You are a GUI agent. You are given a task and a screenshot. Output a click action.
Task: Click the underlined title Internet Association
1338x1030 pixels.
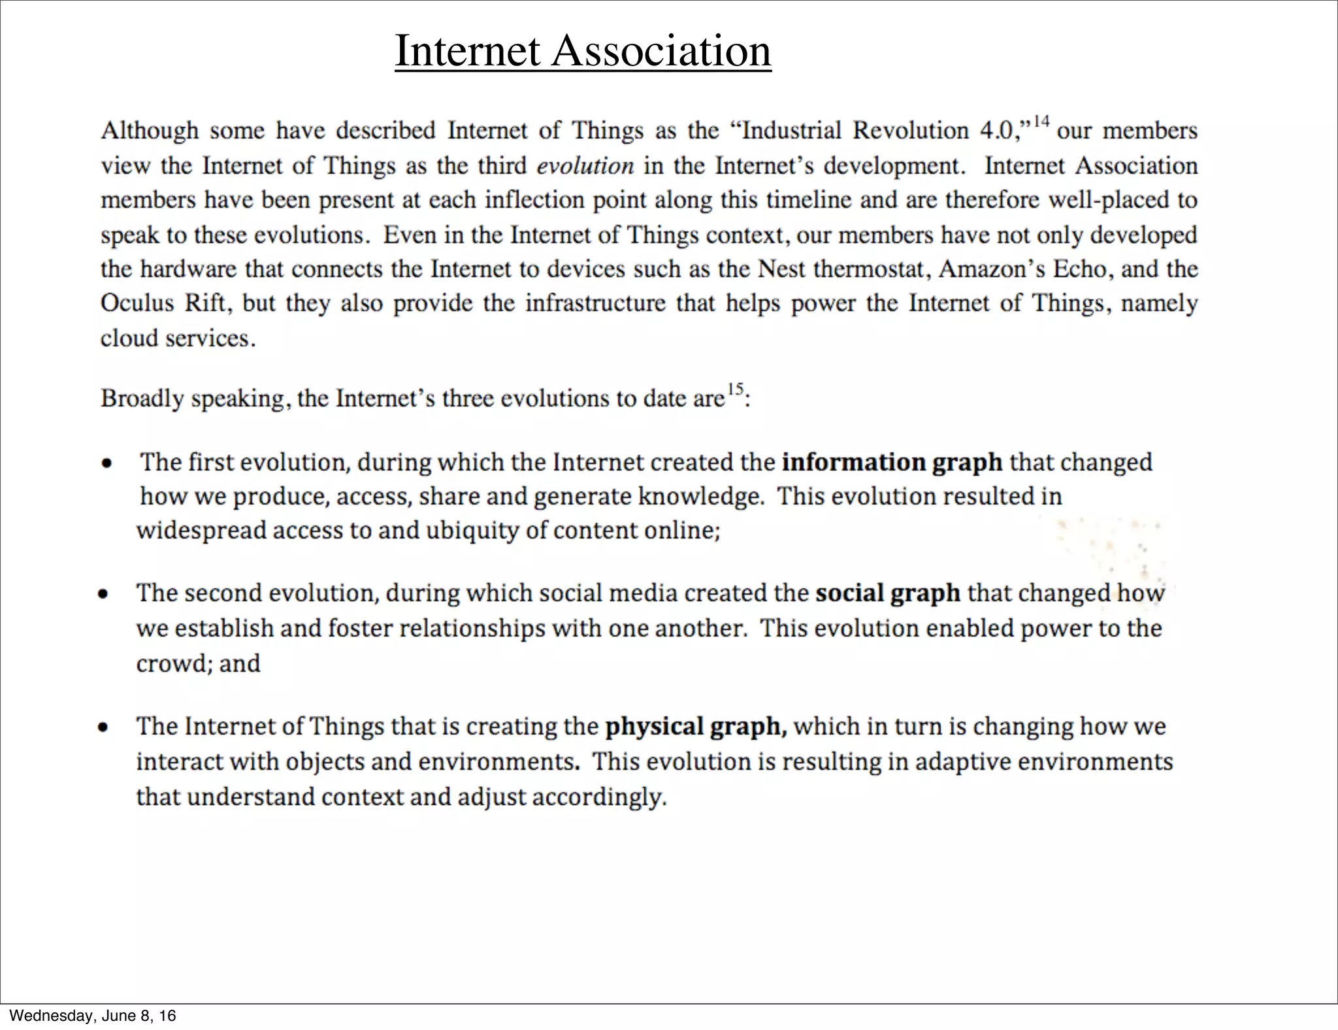click(x=583, y=51)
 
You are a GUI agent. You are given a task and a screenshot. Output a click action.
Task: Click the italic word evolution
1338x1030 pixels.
click(x=585, y=165)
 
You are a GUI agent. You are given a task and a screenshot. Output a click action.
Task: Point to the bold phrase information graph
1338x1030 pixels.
click(x=892, y=462)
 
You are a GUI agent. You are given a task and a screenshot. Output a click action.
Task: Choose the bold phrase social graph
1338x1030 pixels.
click(x=887, y=593)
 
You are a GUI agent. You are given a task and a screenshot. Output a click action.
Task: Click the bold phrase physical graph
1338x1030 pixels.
click(x=696, y=727)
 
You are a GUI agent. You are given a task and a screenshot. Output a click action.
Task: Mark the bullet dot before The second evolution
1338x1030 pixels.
click(x=103, y=595)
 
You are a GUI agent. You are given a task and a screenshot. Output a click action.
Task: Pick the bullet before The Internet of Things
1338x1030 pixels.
click(x=103, y=727)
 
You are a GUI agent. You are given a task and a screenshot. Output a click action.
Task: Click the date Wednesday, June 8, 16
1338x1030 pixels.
click(x=93, y=1016)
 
